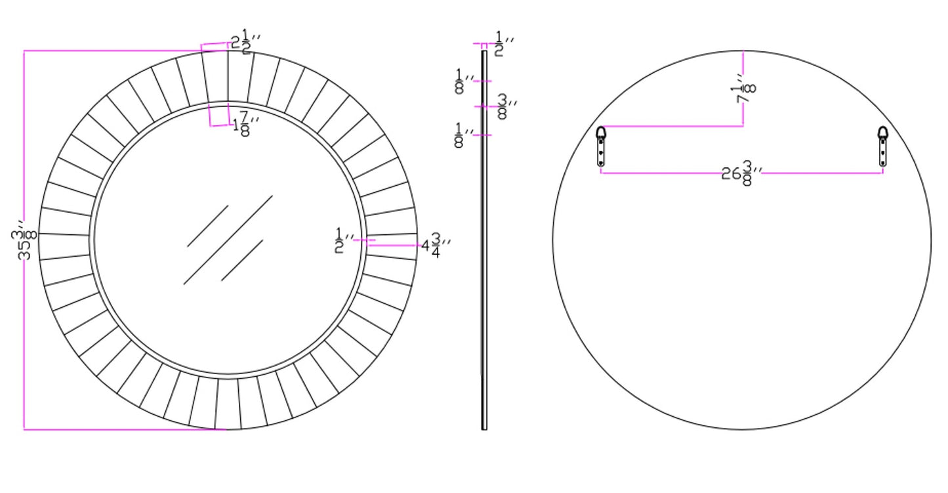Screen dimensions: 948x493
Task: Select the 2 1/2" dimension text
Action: coord(246,41)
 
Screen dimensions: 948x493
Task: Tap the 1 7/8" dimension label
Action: coord(246,123)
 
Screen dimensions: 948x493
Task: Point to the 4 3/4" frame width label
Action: coord(436,246)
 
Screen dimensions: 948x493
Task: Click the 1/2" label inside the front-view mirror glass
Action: coord(344,240)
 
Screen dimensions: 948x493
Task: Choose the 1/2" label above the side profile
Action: coord(504,43)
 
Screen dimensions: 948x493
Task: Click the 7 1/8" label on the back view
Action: coord(743,89)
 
